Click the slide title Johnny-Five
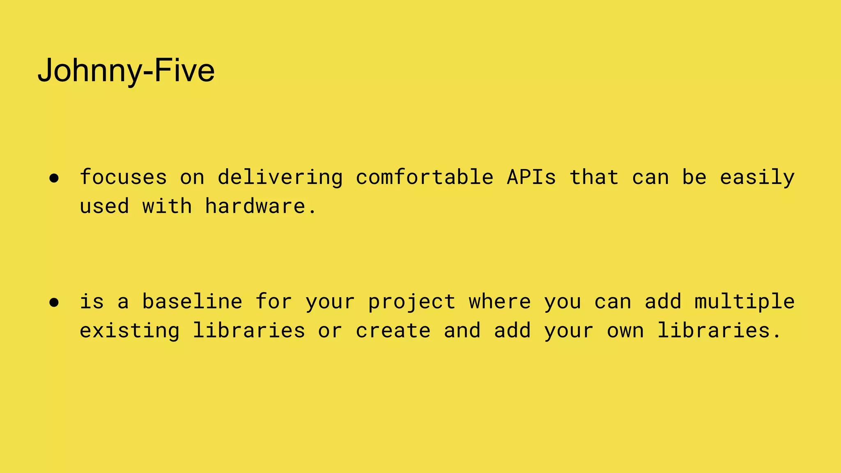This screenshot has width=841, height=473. tap(126, 71)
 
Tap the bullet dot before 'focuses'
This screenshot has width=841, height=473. tap(54, 178)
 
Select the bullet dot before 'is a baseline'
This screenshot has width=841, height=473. tap(54, 303)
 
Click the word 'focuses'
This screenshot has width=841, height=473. tap(123, 177)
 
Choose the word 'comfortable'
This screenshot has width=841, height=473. tap(425, 177)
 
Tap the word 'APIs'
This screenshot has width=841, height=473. tap(531, 177)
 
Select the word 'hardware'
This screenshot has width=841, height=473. tap(255, 206)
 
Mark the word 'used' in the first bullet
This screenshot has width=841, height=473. tap(104, 206)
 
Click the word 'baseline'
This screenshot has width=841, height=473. tap(192, 301)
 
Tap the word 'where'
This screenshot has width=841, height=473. tap(500, 301)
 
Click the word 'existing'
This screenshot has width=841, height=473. tap(129, 331)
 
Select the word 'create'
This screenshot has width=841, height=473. tap(393, 331)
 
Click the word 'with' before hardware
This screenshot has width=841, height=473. tap(167, 206)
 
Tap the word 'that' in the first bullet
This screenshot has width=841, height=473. tap(594, 177)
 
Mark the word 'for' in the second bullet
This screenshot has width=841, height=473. tap(273, 301)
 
